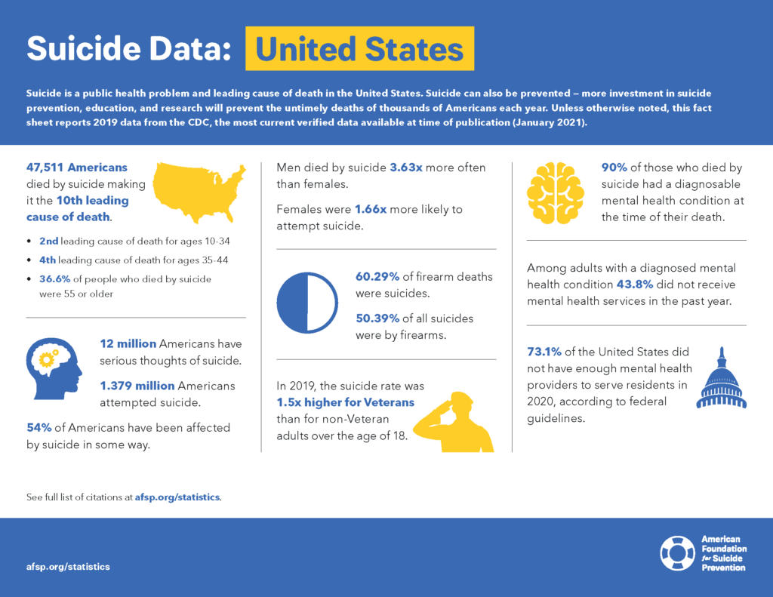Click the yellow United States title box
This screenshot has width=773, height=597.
point(359,48)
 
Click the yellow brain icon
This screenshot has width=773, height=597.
point(555,192)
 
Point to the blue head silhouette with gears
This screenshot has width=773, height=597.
point(54,368)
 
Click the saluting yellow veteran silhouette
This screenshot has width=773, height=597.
point(454,423)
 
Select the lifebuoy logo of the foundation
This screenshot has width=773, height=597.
point(677,553)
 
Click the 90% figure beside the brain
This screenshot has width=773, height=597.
point(614,168)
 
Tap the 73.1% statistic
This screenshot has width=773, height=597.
point(545,352)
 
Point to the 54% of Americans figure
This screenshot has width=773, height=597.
point(38,427)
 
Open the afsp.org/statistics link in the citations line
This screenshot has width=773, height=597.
point(177,497)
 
